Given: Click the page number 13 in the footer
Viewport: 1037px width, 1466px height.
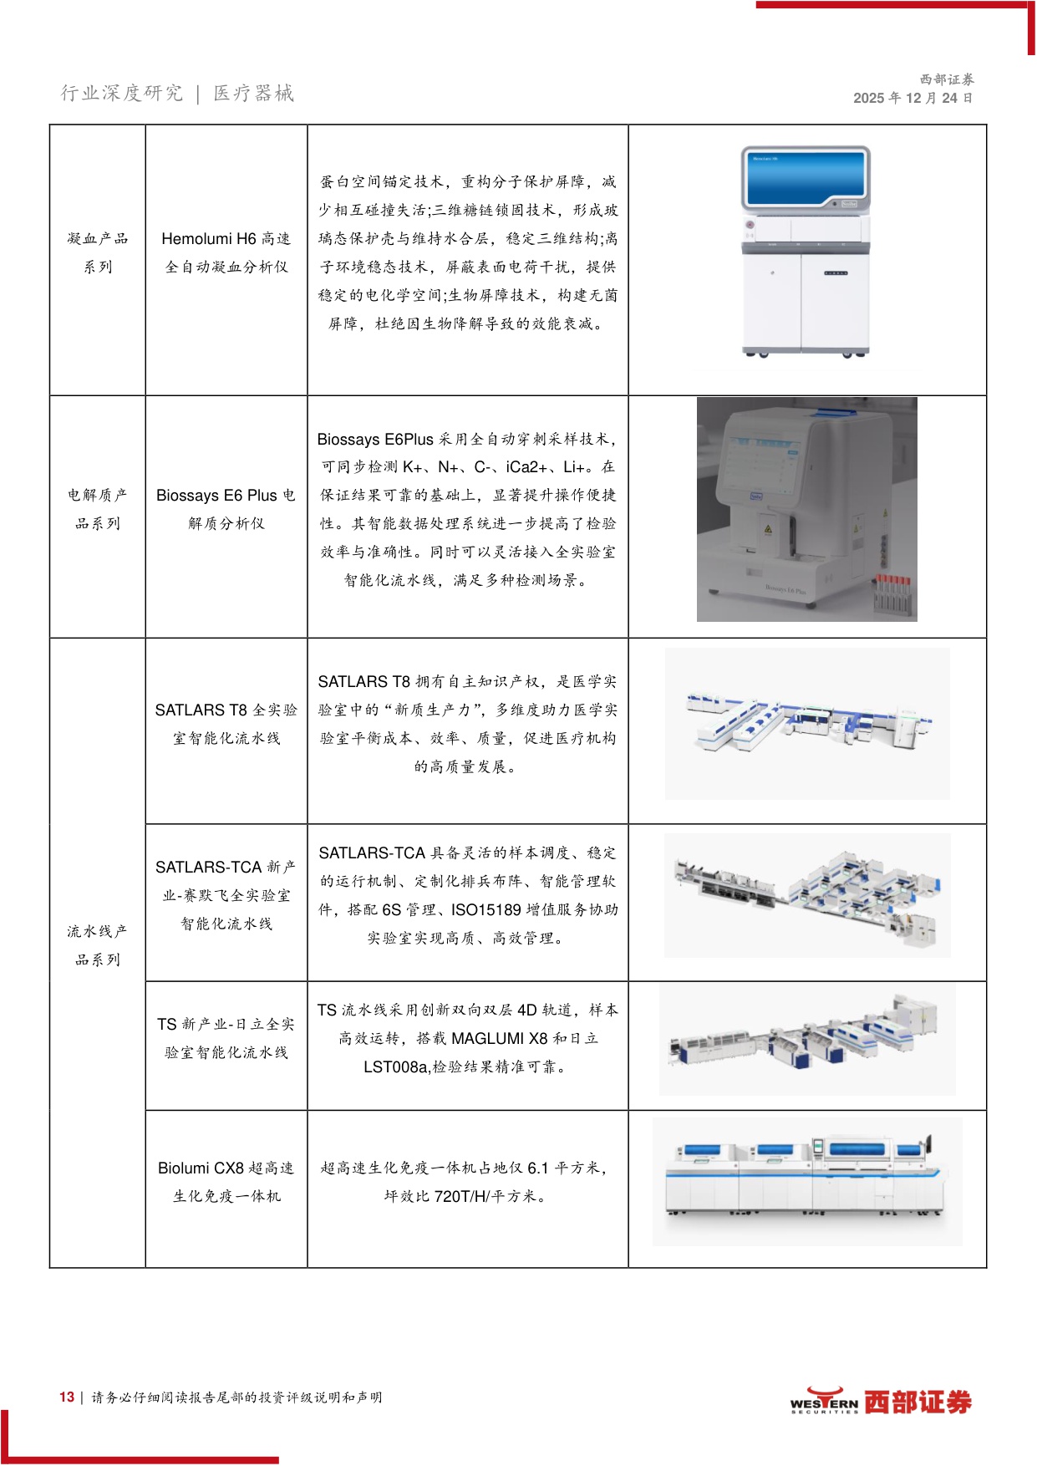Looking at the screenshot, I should coord(67,1397).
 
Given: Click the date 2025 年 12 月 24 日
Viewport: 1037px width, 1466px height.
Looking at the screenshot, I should coord(912,98).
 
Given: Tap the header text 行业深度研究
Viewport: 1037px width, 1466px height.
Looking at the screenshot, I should coord(122,93).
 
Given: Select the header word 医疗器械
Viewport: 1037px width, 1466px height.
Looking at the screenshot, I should coord(254,93).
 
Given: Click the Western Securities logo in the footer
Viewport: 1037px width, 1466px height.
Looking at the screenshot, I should coord(881,1402).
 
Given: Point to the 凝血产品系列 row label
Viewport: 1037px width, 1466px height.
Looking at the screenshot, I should coord(98,252).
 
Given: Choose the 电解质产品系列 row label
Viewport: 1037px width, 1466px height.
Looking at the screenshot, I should coord(98,509).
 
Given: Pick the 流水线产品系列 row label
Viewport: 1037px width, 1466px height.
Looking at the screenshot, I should coord(98,945).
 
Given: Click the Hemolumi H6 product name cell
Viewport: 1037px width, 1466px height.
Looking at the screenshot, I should coord(226,252).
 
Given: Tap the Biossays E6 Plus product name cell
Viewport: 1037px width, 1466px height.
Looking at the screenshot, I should coord(226,509).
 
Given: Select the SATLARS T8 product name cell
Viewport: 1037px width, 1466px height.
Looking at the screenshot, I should coord(226,724).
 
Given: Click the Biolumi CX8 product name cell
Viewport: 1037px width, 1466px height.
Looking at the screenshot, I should coord(226,1182).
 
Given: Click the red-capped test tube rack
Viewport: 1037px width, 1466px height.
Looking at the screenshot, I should coord(892,594).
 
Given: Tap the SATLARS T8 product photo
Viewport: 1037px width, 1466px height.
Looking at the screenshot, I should coord(807,724).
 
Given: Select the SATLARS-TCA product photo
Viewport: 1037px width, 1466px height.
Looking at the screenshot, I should coord(807,895).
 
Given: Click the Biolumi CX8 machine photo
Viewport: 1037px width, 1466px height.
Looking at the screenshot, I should coord(807,1182).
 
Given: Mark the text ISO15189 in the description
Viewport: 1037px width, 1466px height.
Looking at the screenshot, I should coord(485,909).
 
